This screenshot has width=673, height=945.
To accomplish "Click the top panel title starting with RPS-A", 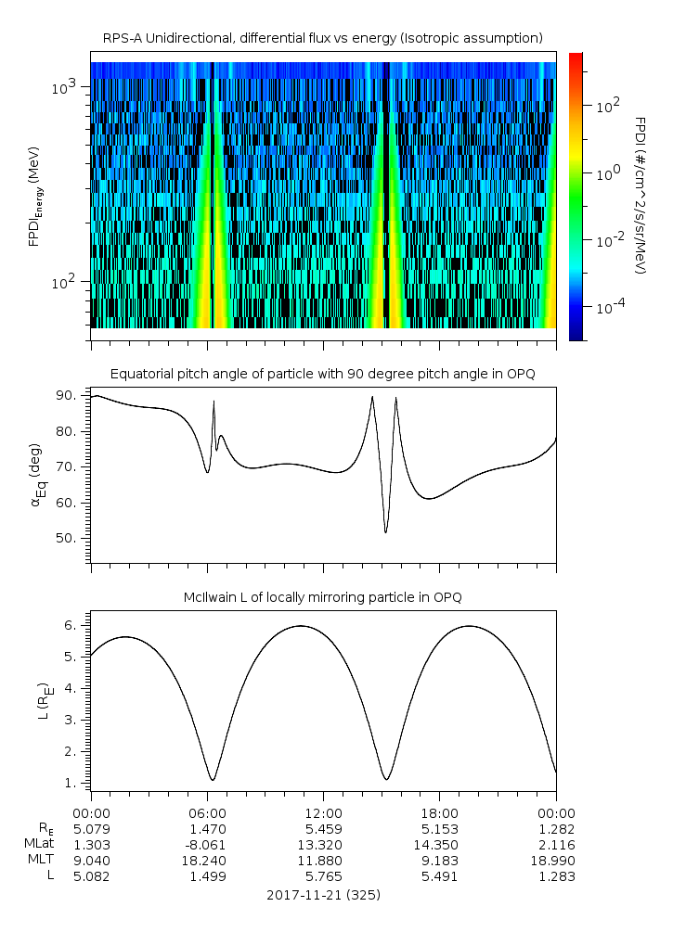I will coord(323,38).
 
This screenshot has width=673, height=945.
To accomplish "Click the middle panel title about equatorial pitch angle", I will coord(323,374).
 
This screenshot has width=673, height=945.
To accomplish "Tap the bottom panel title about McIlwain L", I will coord(323,596).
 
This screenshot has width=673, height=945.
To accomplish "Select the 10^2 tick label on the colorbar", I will coord(608,106).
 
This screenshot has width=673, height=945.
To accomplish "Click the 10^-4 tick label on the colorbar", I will coord(609,306).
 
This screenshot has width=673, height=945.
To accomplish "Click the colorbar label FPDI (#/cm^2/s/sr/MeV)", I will coord(641,196).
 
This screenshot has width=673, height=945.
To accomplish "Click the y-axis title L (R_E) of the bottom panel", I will coord(42,700).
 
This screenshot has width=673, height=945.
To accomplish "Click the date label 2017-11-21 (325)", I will coord(323,895).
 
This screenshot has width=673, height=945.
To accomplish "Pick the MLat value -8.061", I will coord(207,844).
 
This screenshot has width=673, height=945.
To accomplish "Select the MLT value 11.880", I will coord(323,860).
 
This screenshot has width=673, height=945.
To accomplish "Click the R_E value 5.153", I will coord(439,828).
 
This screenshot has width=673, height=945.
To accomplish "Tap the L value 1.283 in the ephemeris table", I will coord(556,875).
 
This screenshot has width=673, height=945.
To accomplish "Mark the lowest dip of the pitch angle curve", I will coord(386,532).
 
